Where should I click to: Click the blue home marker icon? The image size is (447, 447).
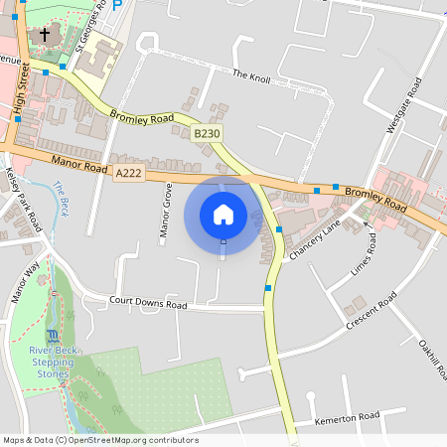(x=223, y=215)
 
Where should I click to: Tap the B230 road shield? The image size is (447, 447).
(x=207, y=133)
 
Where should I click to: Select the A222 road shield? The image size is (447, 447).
(x=127, y=173)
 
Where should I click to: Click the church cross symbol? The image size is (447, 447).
(x=44, y=36)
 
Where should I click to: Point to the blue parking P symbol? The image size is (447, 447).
(x=117, y=5)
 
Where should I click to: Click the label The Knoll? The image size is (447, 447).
(x=251, y=74)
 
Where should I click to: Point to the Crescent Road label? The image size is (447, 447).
(x=372, y=312)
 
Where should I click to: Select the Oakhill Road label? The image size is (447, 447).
(x=428, y=359)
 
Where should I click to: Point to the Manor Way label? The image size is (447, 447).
(x=25, y=281)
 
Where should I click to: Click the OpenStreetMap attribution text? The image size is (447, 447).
(x=100, y=440)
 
